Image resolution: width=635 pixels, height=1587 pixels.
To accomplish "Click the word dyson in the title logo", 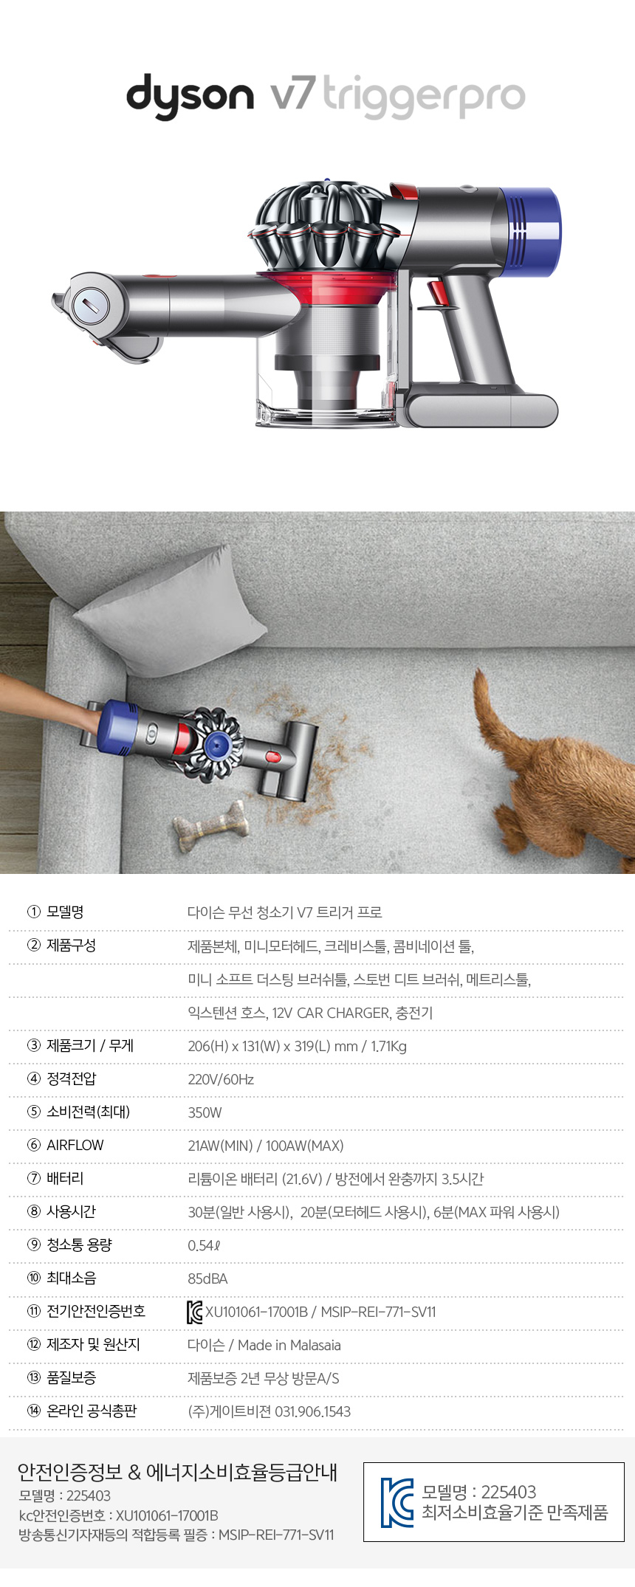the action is tap(190, 96).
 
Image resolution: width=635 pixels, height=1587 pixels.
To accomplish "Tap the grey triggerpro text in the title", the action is tap(424, 97).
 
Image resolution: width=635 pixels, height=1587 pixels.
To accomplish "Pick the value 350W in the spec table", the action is tap(205, 1112).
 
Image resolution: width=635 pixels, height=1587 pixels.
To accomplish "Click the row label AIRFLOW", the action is tap(75, 1145).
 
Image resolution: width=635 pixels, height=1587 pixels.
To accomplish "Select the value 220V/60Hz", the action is tap(221, 1079).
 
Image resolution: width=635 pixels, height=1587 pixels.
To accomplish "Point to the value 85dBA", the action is tap(207, 1278).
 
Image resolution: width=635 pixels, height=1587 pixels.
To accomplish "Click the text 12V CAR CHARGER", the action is tap(330, 1013).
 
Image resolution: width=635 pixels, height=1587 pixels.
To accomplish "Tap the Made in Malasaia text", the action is tap(289, 1345).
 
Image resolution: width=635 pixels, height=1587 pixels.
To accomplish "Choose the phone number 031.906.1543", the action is tap(313, 1411).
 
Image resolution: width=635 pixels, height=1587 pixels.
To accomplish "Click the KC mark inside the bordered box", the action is tap(397, 1502).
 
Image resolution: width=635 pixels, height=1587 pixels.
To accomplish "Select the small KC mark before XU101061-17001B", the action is tap(195, 1312).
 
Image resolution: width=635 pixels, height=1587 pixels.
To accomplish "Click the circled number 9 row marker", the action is tap(34, 1245).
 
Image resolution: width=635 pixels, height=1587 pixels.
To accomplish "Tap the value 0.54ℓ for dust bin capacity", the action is tap(204, 1245).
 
